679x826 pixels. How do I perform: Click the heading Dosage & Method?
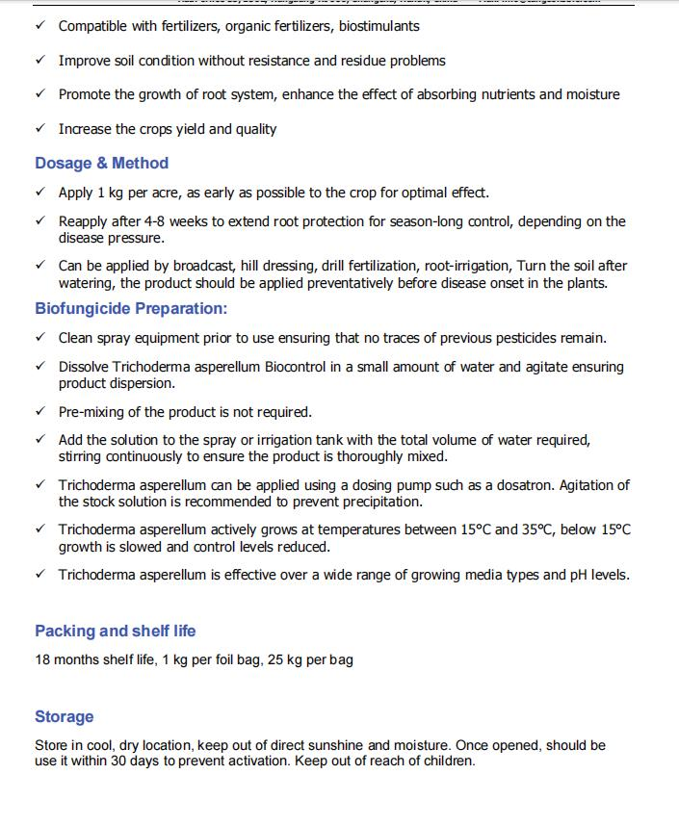(101, 164)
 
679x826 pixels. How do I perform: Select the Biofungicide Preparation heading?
(131, 309)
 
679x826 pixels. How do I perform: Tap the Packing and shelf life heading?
(115, 632)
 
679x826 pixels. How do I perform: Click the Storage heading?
(65, 716)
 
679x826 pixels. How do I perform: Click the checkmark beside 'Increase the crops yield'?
(39, 129)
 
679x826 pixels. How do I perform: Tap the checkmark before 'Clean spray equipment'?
(39, 338)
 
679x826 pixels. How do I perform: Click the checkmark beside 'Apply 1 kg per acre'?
(39, 193)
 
